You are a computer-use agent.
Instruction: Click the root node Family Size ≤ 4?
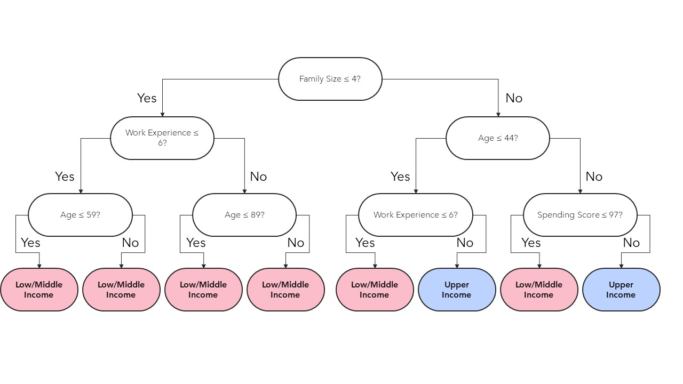click(x=330, y=79)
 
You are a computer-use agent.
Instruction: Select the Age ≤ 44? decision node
click(x=497, y=138)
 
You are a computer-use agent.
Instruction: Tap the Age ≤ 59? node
click(x=80, y=215)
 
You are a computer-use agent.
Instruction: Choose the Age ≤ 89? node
click(x=244, y=215)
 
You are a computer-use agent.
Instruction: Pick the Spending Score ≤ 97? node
click(x=579, y=215)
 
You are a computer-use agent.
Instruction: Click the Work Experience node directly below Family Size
click(x=162, y=138)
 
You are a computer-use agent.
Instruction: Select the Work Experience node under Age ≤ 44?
click(x=415, y=215)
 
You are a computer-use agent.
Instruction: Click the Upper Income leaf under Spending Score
click(x=621, y=290)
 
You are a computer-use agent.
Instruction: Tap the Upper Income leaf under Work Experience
click(x=456, y=290)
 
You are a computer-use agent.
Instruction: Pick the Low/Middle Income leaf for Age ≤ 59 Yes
click(x=39, y=290)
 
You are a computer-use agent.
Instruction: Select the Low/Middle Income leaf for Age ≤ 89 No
click(x=285, y=290)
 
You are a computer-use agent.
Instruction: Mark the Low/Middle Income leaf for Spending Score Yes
click(x=538, y=290)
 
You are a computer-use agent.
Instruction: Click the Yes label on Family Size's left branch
click(x=147, y=98)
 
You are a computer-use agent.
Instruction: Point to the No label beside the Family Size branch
click(x=514, y=98)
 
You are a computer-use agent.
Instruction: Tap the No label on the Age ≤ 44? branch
click(x=594, y=177)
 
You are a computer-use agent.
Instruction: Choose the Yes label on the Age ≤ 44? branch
click(x=400, y=177)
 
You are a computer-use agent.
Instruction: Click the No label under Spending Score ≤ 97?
click(x=631, y=243)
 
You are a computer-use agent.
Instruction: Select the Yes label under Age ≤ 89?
click(x=196, y=243)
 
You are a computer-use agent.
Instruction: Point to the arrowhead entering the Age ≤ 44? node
click(x=498, y=114)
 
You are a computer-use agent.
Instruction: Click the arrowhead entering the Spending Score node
click(x=580, y=191)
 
